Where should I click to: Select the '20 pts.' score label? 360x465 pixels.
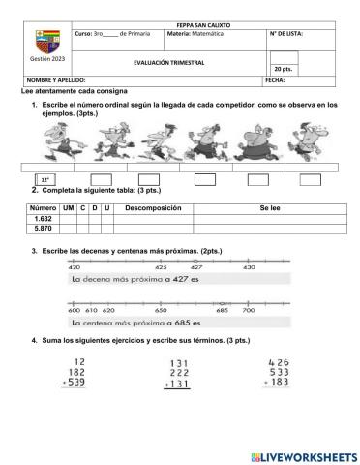(x=284, y=70)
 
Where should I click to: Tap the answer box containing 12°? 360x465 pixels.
(x=45, y=180)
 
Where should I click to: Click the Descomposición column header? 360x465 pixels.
(x=153, y=208)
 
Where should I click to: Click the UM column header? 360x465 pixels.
(x=68, y=208)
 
